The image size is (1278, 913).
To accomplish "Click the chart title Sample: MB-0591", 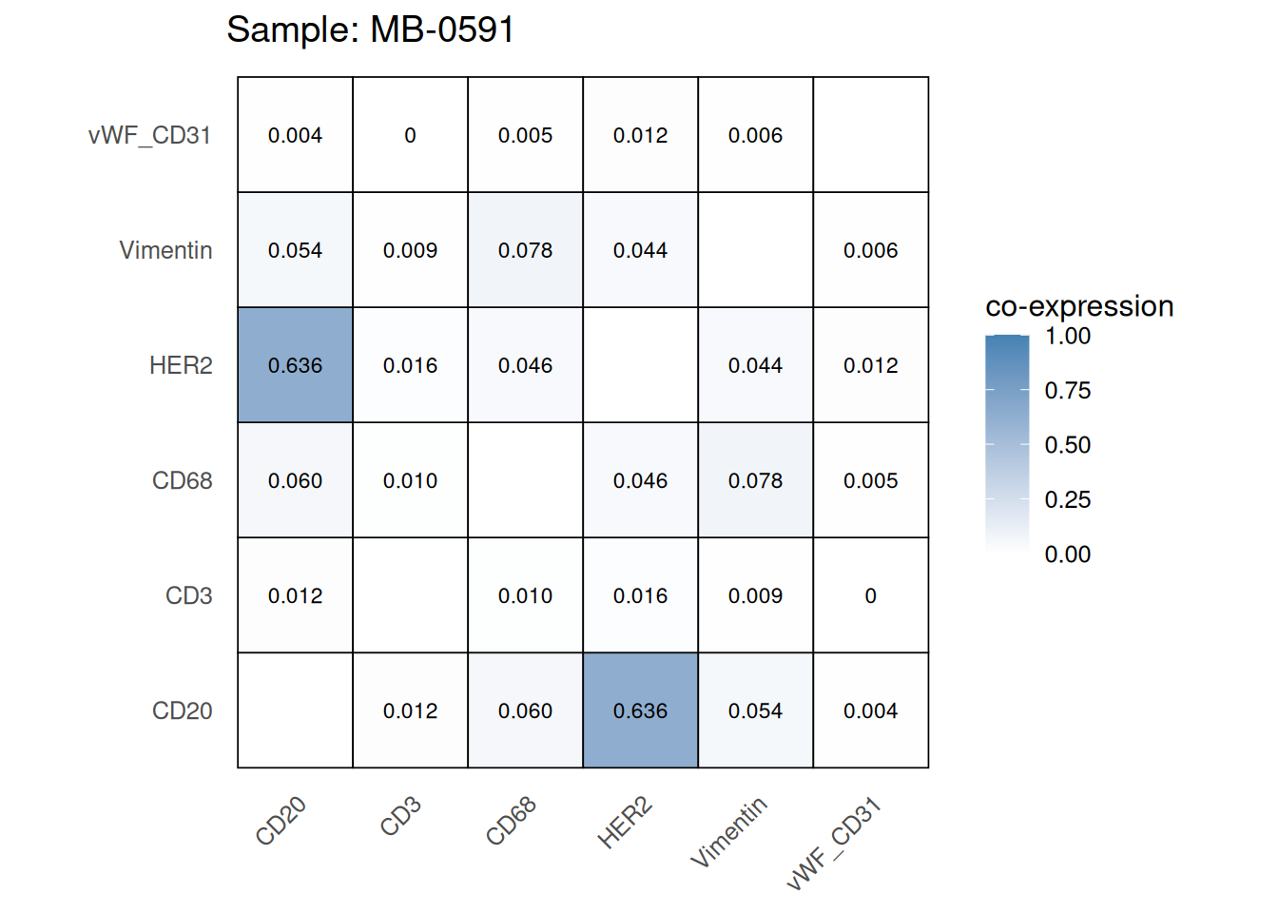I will pos(370,29).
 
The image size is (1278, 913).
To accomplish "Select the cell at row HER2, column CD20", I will pos(295,365).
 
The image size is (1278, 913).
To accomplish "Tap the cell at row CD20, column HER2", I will pos(640,710).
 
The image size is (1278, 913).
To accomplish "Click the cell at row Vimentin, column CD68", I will pos(525,250).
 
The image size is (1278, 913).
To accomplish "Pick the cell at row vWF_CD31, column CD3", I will pos(410,135).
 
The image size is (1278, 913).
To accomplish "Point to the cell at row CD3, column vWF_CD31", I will pos(870,595).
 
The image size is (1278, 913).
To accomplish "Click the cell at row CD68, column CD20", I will pos(295,480).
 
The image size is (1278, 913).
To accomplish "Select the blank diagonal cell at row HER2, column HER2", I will pos(640,365).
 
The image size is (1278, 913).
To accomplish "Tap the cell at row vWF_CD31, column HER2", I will pos(640,135).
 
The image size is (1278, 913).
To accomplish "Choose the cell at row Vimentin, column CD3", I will pos(410,250).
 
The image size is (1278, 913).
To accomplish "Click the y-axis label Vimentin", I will pos(165,250).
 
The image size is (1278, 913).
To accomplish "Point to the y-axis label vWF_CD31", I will pos(149,135).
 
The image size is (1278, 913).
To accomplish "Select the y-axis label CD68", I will pos(182,480).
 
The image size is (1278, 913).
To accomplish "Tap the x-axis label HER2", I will pos(625,824).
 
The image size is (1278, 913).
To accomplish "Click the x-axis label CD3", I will pos(400,817).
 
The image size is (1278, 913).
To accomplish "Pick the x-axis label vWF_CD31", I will pos(834,845).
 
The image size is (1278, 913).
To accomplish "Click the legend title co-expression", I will pos(1079,306).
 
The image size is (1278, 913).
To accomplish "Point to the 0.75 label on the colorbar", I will pos(1067,391).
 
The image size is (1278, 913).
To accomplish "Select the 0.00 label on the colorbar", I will pos(1067,554).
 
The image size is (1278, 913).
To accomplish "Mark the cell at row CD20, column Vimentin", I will pos(755,710).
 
